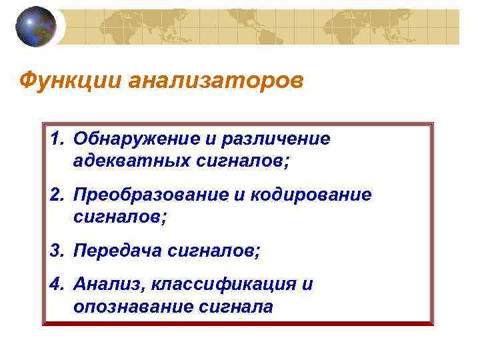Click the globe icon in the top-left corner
pyautogui.click(x=36, y=27)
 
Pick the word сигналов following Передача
pyautogui.click(x=207, y=251)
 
